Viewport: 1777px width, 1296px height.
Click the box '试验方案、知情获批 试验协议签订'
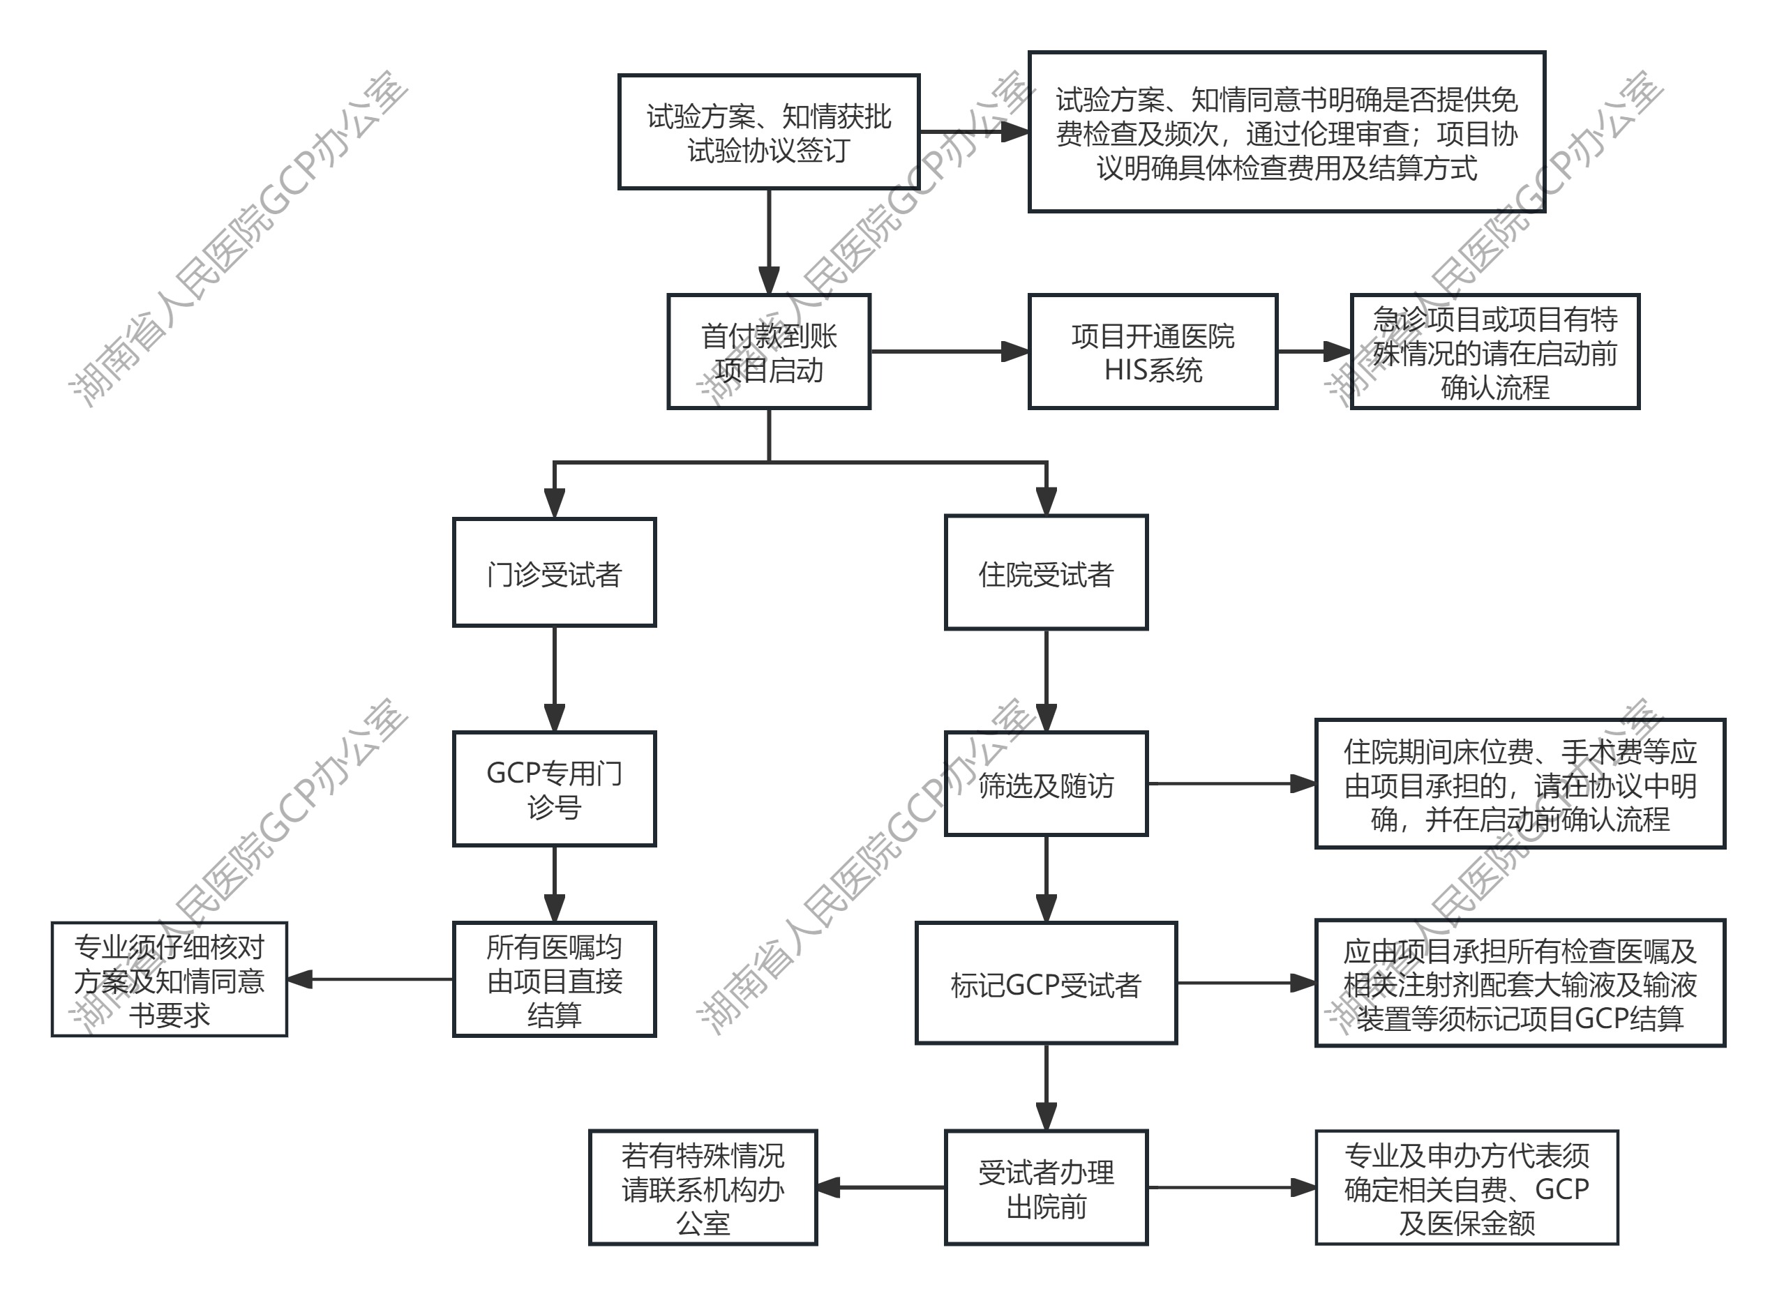tap(768, 132)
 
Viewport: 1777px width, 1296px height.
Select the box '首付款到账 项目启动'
tap(768, 352)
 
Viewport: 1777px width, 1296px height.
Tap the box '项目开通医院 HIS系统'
tap(1152, 352)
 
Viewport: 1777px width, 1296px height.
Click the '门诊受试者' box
tap(554, 572)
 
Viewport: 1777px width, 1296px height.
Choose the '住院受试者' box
tap(1045, 573)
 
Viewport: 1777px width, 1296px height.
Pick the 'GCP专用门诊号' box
tap(554, 788)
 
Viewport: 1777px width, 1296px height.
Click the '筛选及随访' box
tap(1045, 784)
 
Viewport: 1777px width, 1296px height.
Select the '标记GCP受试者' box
tap(1045, 983)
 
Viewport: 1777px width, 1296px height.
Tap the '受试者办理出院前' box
tap(1045, 1188)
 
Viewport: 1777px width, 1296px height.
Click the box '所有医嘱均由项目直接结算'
tap(554, 979)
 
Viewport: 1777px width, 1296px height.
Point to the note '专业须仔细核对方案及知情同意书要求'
tap(170, 979)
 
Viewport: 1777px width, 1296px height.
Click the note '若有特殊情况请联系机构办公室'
tap(703, 1188)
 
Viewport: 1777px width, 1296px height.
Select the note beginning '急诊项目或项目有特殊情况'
tap(1494, 352)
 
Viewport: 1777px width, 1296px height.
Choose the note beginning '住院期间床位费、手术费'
tap(1520, 784)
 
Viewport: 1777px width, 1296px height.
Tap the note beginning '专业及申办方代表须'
tap(1467, 1188)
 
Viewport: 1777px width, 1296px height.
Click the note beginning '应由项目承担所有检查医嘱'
tap(1520, 983)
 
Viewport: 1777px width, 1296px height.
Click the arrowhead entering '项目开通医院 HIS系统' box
tap(1016, 352)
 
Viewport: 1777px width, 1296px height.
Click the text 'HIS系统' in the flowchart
tap(1152, 370)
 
